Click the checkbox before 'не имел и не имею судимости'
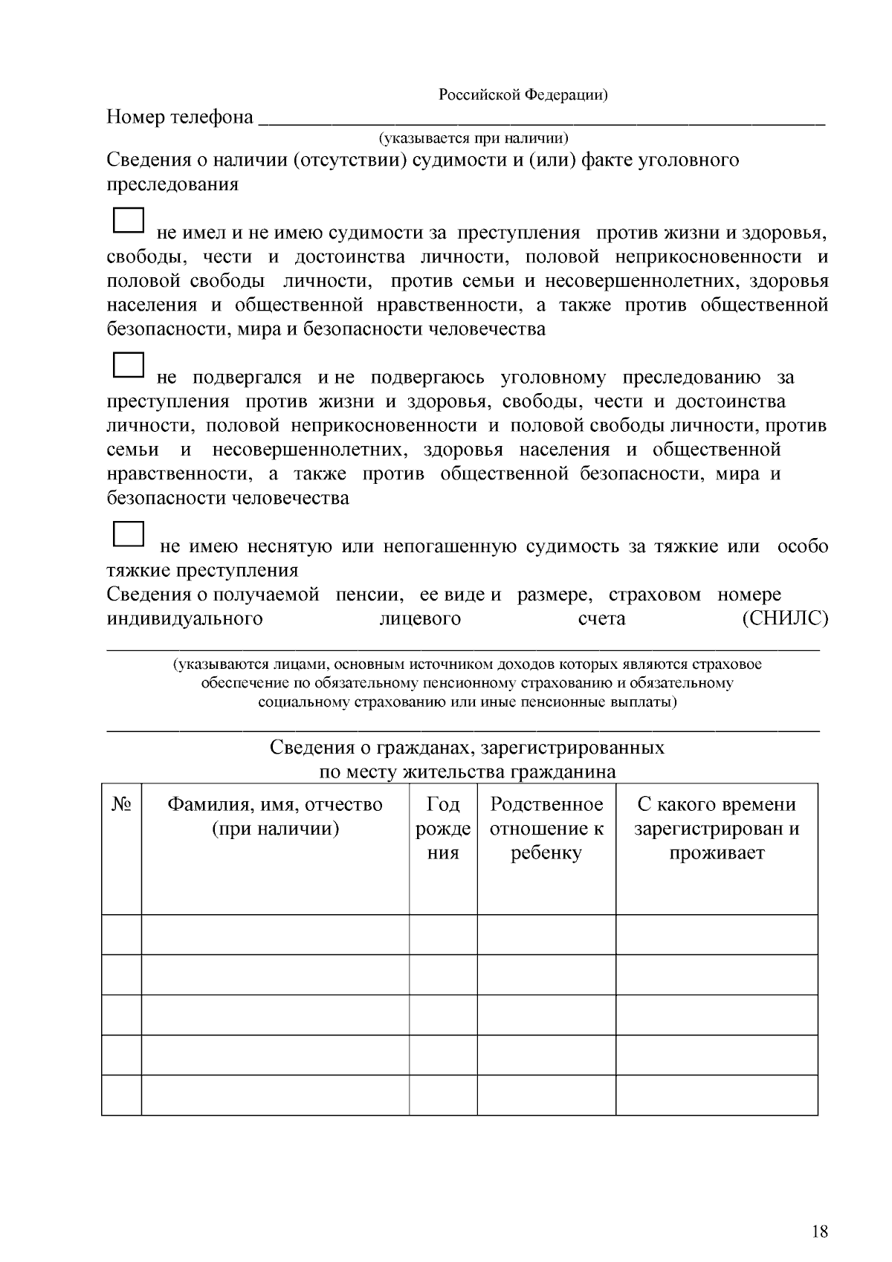click(x=128, y=221)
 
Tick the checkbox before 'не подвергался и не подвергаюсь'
click(x=128, y=366)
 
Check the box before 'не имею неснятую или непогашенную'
click(x=128, y=534)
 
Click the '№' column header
click(x=121, y=805)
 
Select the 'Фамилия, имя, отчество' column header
click(x=275, y=816)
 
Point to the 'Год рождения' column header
click(x=443, y=828)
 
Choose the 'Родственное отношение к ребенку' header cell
click(x=546, y=828)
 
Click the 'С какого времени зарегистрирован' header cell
click(x=717, y=828)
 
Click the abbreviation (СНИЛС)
click(x=785, y=618)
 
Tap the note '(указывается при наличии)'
click(x=474, y=138)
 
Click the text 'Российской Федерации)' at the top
click(x=523, y=94)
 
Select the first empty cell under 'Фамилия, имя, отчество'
click(x=275, y=934)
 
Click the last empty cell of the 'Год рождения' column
click(x=443, y=1095)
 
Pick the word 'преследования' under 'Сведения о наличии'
click(x=172, y=184)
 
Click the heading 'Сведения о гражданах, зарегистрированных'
click(x=467, y=747)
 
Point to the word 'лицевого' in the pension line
click(x=420, y=618)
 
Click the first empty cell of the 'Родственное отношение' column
click(x=546, y=934)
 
